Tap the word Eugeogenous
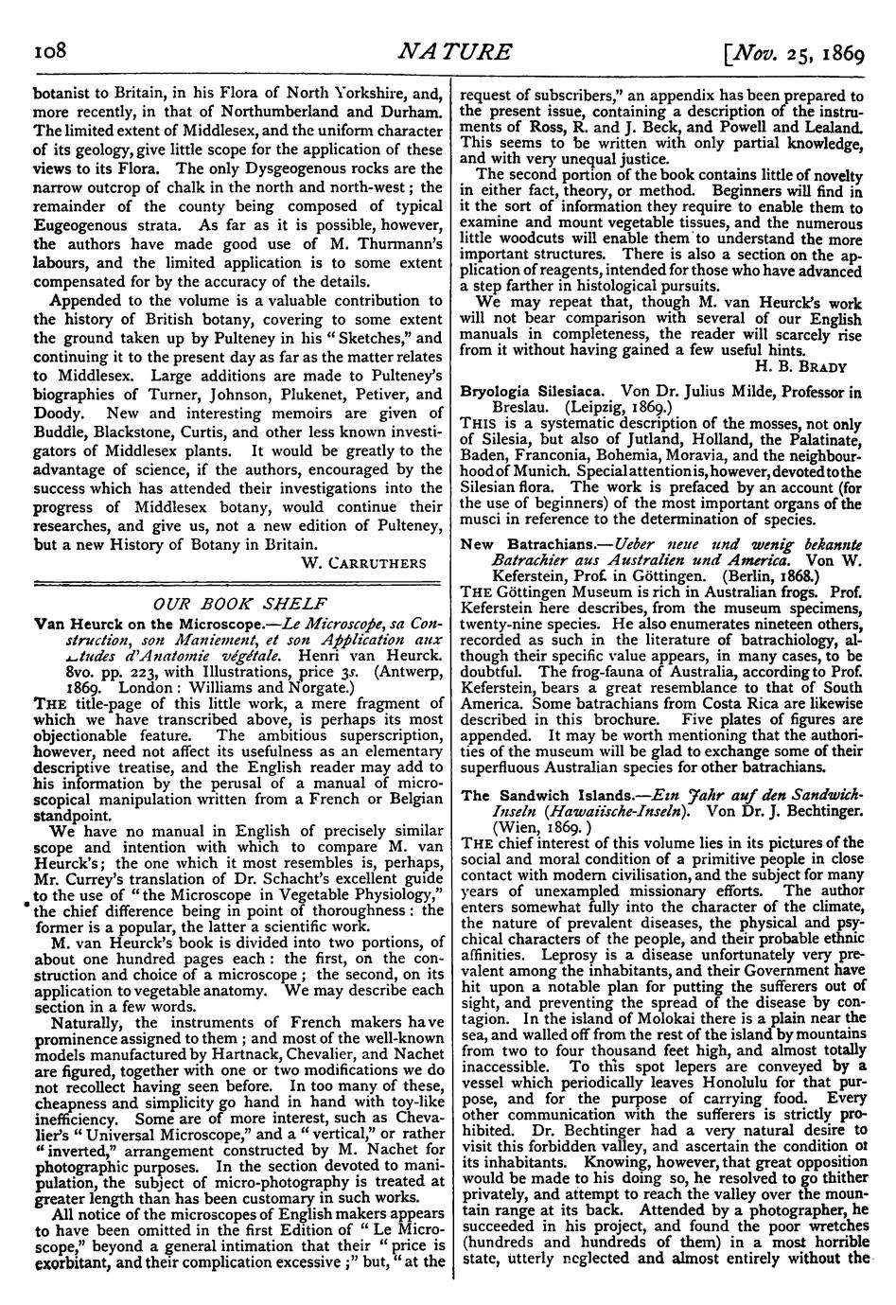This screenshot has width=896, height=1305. [81, 223]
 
